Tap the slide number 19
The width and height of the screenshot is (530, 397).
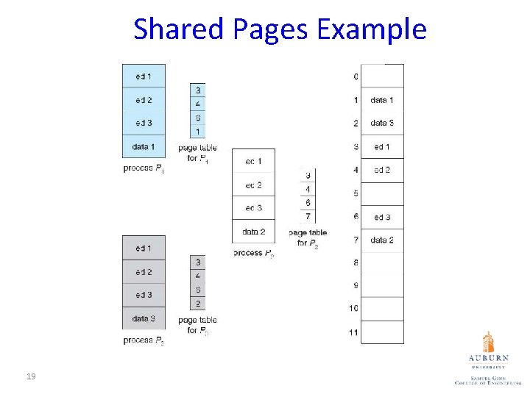[31, 376]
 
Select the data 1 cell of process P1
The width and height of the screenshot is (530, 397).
[144, 147]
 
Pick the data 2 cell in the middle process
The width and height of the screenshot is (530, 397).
[253, 232]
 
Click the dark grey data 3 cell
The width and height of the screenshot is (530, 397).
[144, 318]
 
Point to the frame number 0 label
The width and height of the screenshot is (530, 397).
[356, 76]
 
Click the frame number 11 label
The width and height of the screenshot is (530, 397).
[353, 332]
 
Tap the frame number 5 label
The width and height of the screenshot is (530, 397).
[356, 193]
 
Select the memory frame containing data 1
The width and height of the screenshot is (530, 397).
[382, 100]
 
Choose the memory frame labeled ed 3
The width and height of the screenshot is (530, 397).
[382, 217]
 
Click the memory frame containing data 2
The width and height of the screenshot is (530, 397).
[382, 240]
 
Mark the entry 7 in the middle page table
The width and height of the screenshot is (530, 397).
[308, 216]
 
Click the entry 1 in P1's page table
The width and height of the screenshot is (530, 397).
[197, 132]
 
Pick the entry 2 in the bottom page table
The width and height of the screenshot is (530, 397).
[197, 304]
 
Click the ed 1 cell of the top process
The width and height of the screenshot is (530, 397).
[144, 76]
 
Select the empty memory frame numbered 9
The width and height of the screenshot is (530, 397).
[382, 285]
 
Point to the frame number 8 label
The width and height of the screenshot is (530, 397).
[356, 262]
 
